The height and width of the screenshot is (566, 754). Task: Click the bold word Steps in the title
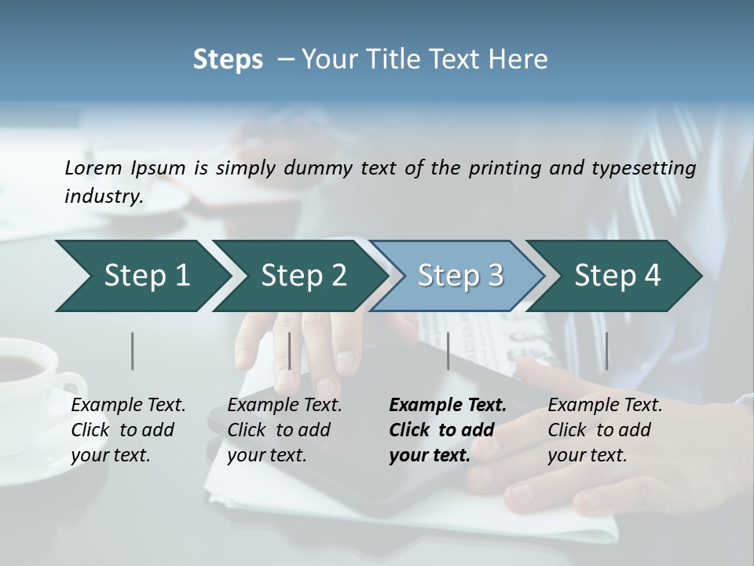[x=228, y=60]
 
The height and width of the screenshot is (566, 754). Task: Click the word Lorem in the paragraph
[x=93, y=168]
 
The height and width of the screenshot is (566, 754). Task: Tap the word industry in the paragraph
[x=102, y=196]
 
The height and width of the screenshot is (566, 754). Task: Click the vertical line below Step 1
[x=132, y=351]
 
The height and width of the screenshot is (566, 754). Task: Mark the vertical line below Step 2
[x=290, y=351]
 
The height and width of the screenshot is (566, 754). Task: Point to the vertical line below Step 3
[x=448, y=351]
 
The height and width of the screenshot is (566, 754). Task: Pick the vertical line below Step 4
[x=606, y=351]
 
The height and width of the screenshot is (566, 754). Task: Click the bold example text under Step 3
[x=447, y=430]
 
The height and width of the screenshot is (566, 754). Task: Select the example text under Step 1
[x=127, y=430]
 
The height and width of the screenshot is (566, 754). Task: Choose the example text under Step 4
[x=604, y=430]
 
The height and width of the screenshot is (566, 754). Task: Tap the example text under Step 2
[x=284, y=430]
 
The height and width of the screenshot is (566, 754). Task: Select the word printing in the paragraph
[x=505, y=168]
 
